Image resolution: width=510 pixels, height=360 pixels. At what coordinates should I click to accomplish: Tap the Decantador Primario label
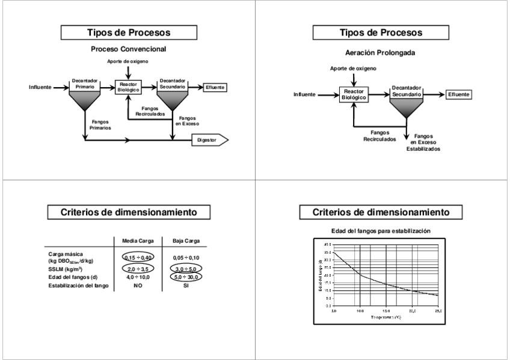[84, 84]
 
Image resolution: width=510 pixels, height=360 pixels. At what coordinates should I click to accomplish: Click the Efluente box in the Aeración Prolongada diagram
[458, 95]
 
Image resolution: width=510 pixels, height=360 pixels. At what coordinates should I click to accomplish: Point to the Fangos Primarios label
[100, 124]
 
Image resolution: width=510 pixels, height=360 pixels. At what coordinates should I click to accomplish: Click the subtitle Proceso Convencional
[127, 49]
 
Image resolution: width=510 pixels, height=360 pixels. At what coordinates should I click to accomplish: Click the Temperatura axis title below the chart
[386, 316]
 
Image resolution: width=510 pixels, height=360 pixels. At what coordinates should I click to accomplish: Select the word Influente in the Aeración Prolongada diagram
[304, 95]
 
